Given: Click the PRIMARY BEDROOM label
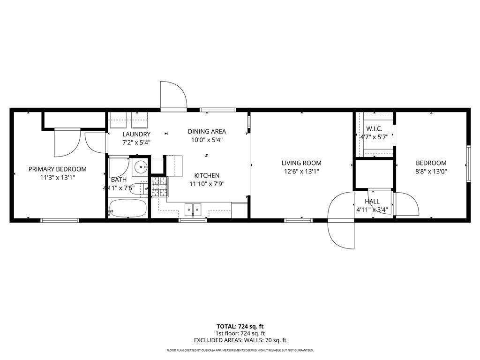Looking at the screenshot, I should (58, 169).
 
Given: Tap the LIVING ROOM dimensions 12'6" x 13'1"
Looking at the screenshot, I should (301, 172).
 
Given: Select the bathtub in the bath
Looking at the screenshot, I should (127, 209).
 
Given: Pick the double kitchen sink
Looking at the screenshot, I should (193, 209).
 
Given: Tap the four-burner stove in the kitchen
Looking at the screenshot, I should (158, 187).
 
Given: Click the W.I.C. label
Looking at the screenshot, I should (374, 128).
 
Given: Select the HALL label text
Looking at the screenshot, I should (372, 202).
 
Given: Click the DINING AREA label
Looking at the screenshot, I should (207, 131).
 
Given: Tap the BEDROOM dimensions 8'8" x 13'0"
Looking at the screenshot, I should (431, 172).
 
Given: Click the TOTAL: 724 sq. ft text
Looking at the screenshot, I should (240, 326).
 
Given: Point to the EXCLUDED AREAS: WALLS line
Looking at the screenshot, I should (240, 340).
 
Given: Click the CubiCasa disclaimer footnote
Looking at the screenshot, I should (240, 350).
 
